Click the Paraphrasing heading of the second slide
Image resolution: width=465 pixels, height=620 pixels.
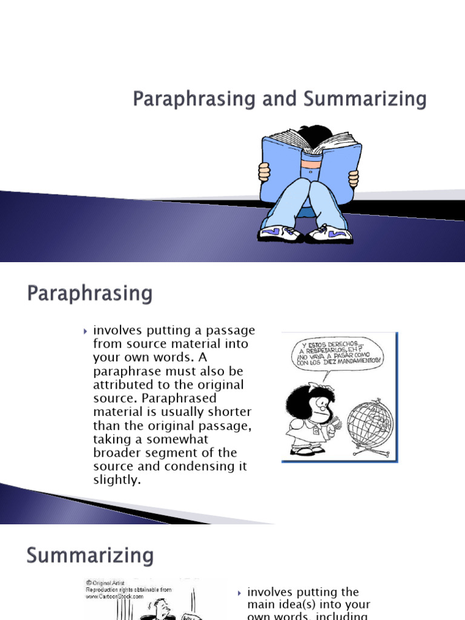tap(90, 295)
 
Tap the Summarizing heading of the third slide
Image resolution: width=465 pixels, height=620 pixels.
tap(90, 555)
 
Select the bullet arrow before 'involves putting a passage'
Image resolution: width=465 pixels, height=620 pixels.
tap(87, 331)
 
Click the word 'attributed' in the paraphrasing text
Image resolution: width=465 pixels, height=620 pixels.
tap(122, 385)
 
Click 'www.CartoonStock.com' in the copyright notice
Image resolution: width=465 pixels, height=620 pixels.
tap(114, 596)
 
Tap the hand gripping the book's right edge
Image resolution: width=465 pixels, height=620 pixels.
tap(353, 176)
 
